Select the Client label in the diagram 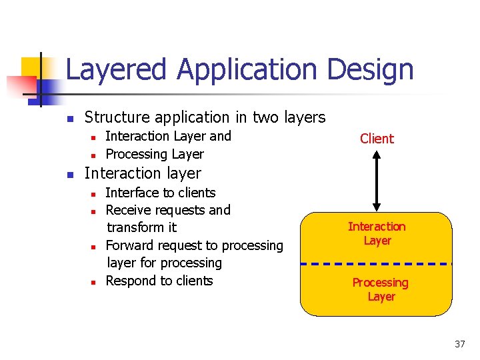pyautogui.click(x=377, y=139)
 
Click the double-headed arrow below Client pyautogui.click(x=377, y=181)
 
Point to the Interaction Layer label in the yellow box pyautogui.click(x=377, y=233)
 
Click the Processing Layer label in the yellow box pyautogui.click(x=381, y=289)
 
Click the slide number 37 pyautogui.click(x=459, y=344)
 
